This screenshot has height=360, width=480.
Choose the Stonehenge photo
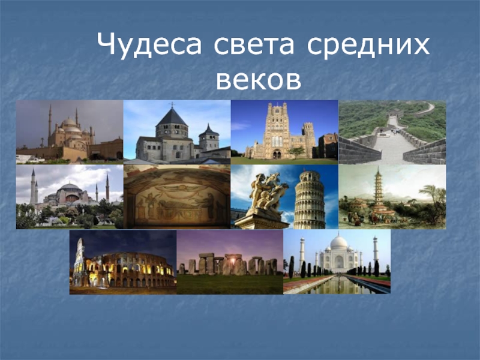(230, 262)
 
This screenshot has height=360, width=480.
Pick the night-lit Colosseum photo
(122, 262)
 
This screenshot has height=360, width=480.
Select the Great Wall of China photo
(392, 132)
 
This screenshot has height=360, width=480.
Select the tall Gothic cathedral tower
(277, 129)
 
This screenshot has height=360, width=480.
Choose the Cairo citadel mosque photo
(69, 132)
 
